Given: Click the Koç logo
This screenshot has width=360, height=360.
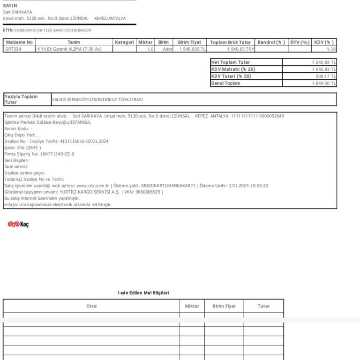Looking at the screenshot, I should [x=18, y=225].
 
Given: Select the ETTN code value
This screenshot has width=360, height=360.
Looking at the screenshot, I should [x=52, y=30].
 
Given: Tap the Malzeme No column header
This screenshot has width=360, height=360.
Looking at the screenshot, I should [x=19, y=42].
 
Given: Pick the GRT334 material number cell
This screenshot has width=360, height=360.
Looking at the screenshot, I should [x=12, y=49].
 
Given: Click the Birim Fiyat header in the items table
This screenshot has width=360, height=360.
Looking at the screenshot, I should [x=189, y=42].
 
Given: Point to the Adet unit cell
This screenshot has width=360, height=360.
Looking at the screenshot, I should [x=167, y=49].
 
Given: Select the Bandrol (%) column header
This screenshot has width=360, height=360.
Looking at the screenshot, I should [x=271, y=42].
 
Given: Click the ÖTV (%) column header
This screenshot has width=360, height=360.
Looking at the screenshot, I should [x=300, y=42].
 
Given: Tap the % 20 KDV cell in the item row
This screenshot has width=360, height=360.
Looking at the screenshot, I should [x=331, y=49].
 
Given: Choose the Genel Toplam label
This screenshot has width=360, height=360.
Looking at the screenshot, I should [x=226, y=83].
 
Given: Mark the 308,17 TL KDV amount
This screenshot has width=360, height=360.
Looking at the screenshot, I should [x=325, y=76].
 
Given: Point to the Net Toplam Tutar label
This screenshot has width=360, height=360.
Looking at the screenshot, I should [x=231, y=62].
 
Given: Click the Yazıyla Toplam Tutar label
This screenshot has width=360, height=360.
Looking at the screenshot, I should [x=21, y=99].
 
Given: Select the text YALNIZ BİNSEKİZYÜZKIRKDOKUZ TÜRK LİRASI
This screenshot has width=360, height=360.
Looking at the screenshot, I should [x=97, y=99].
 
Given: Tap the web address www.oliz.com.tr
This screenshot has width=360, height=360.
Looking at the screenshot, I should [x=92, y=186].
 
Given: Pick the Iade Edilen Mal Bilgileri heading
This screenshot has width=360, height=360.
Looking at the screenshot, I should [x=143, y=293].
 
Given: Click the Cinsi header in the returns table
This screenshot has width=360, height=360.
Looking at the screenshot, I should [x=91, y=306].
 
